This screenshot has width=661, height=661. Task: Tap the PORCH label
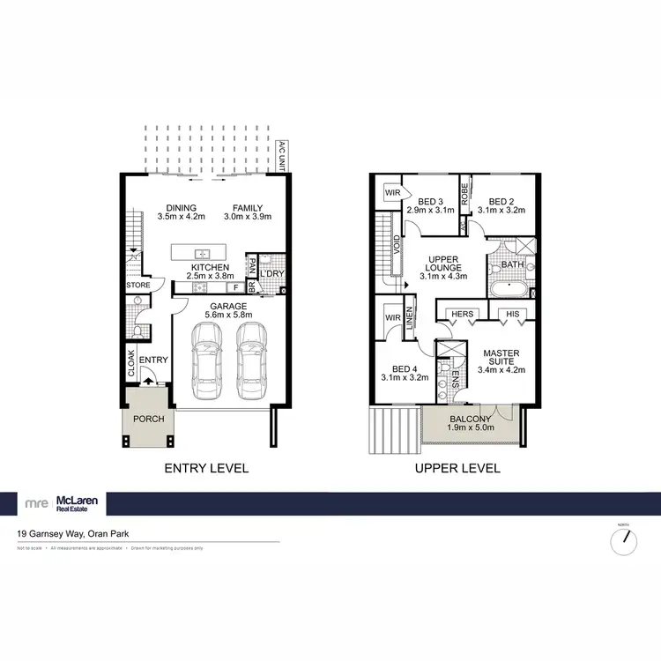coord(149,419)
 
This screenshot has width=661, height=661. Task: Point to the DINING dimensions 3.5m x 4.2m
coord(180,216)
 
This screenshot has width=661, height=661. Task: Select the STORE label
coord(138,285)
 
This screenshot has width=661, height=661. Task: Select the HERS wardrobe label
coord(462,314)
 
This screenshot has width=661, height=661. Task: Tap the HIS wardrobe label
coord(513,314)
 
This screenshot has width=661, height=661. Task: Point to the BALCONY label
coord(470,420)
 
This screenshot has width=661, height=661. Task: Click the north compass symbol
coord(623,541)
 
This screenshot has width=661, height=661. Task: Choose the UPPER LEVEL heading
coord(457,468)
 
